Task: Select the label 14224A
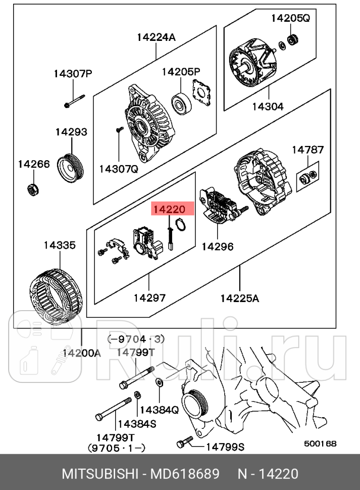coord(156,37)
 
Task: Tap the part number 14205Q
coord(290,19)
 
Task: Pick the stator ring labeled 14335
coord(57,293)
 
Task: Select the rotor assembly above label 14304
coord(255,64)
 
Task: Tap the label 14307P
coord(73,74)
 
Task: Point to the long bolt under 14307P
coord(75,101)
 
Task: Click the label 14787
coord(307,150)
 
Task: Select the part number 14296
coord(217,247)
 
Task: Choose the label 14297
coord(149,298)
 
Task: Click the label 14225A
coord(239,298)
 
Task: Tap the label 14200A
coord(81,353)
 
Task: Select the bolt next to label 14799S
coord(185,443)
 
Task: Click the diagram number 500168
coord(320,444)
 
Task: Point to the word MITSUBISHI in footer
coord(99,474)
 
